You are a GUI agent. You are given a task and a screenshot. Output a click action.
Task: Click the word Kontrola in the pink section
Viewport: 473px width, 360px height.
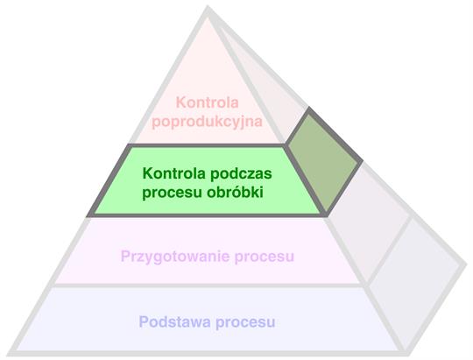pos(208,102)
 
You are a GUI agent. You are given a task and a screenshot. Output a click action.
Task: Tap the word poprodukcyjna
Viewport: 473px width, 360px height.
pos(208,122)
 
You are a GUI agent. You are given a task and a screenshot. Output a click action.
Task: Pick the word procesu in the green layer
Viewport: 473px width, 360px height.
pos(173,194)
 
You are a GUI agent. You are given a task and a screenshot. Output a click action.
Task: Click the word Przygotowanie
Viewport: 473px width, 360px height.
pos(175,258)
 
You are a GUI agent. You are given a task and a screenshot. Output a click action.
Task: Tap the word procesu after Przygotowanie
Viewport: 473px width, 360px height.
pos(265,258)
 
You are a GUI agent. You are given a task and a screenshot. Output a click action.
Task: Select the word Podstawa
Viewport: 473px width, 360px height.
pos(175,321)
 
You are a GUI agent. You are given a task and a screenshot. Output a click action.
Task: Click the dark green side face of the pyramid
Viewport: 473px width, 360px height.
pos(322,161)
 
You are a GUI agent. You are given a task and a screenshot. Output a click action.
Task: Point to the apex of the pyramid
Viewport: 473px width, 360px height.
pos(208,7)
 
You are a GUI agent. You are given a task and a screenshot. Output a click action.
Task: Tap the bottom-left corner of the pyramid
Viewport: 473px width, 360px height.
pos(9,354)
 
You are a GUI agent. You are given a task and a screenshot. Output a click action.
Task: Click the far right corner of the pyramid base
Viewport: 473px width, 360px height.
pos(466,264)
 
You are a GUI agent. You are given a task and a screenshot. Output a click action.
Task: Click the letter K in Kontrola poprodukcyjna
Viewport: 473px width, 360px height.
pos(180,102)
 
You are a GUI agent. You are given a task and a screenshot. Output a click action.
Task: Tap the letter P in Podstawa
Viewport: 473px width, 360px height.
pos(144,321)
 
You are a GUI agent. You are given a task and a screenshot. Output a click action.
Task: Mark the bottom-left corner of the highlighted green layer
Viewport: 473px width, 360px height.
pos(90,215)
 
